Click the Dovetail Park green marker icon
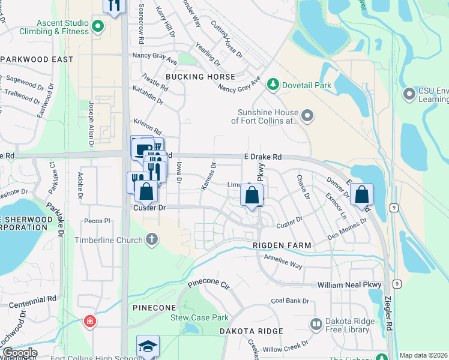pyautogui.click(x=273, y=85)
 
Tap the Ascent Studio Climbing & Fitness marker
pyautogui.click(x=98, y=26)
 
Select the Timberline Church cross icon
pyautogui.click(x=152, y=240)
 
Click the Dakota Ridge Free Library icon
pyautogui.click(x=316, y=325)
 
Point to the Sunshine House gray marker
pyautogui.click(x=307, y=116)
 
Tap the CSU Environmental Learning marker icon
pyautogui.click(x=410, y=94)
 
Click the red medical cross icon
pyautogui.click(x=90, y=322)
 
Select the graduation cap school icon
pyautogui.click(x=148, y=347)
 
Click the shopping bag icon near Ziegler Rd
pyautogui.click(x=361, y=194)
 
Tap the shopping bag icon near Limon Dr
pyautogui.click(x=252, y=195)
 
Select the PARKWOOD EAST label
pyautogui.click(x=37, y=59)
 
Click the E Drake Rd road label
pyautogui.click(x=263, y=157)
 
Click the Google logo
pyautogui.click(x=19, y=353)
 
